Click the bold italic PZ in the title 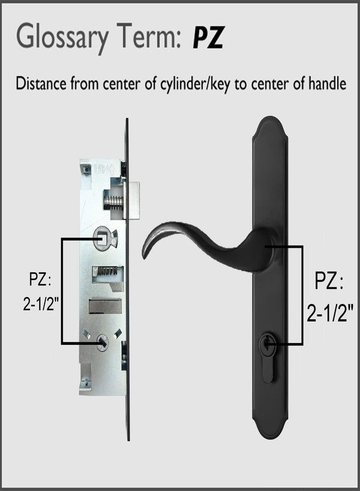(208, 37)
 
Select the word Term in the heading (148, 37)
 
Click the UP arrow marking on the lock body (105, 170)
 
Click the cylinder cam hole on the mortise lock (103, 342)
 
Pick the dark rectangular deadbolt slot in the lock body (105, 306)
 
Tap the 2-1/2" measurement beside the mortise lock (41, 303)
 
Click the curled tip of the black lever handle (147, 250)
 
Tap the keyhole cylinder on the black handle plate (268, 344)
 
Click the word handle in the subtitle (327, 83)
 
